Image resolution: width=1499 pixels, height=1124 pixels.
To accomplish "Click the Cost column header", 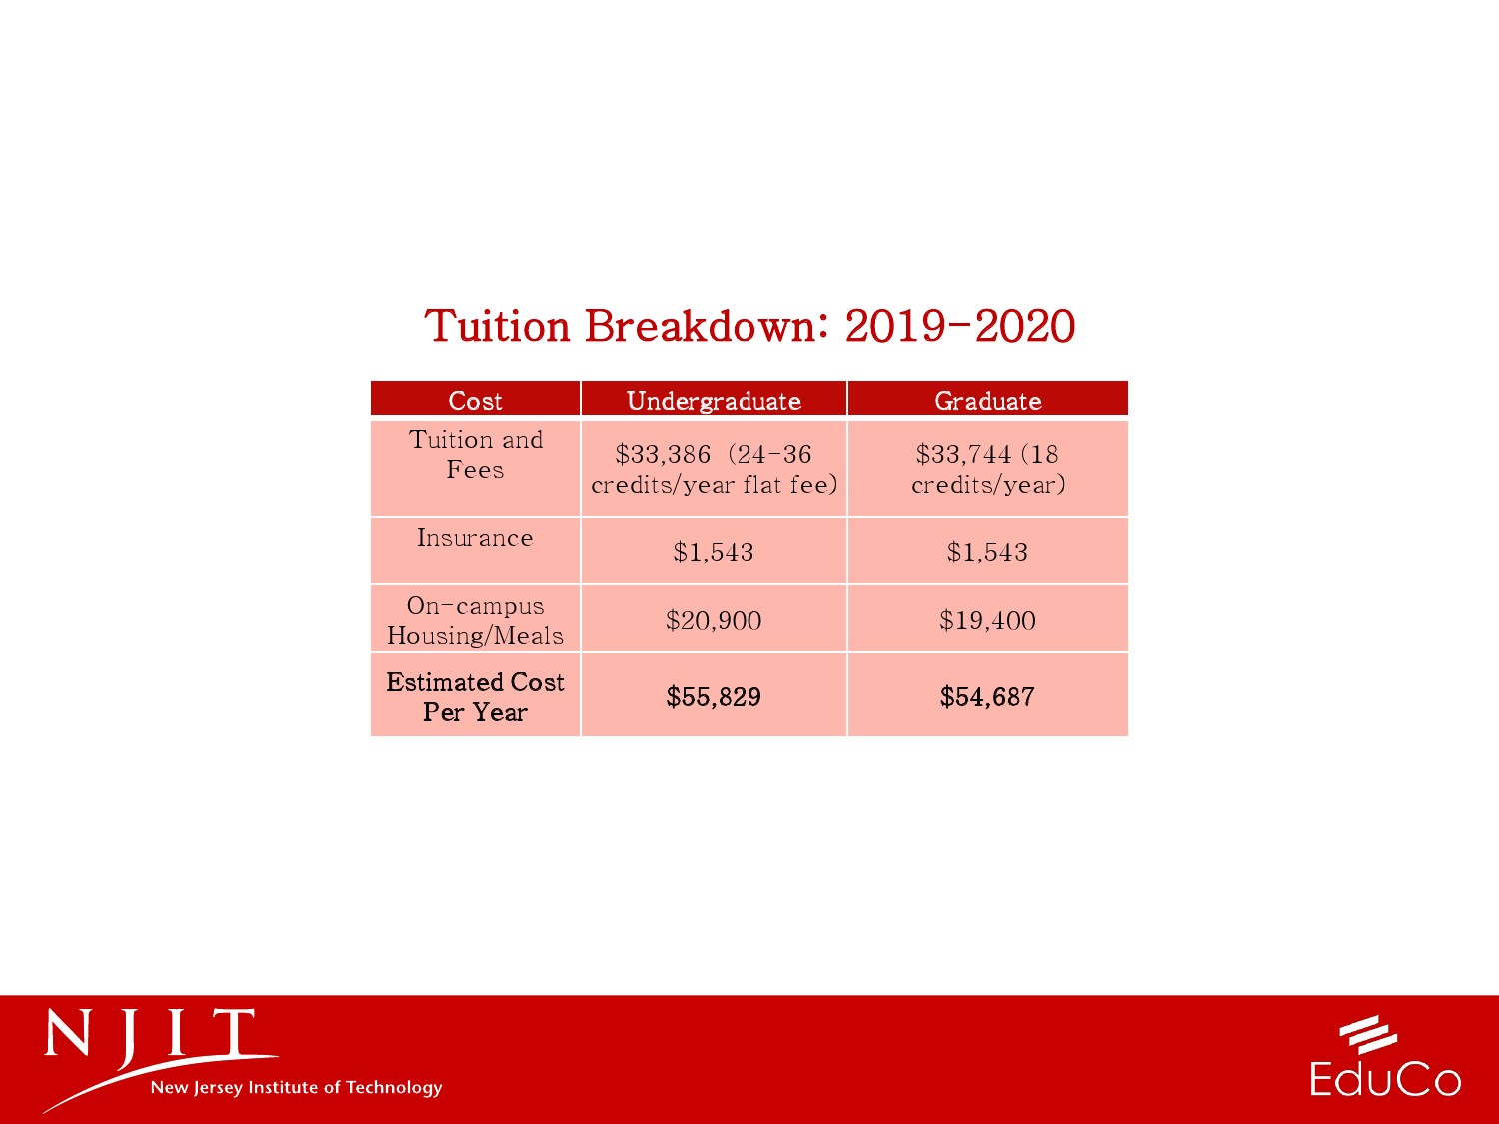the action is click(475, 401).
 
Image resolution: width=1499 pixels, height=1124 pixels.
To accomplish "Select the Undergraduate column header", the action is click(714, 402).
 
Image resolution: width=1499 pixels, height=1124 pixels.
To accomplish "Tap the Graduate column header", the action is click(988, 401).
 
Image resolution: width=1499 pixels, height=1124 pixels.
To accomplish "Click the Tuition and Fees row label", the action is click(476, 454).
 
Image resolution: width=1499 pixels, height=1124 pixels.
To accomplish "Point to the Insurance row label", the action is click(475, 538).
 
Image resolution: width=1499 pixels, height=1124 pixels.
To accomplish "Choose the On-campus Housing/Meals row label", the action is click(476, 621).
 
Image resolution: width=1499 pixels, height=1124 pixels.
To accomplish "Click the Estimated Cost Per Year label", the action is click(476, 696).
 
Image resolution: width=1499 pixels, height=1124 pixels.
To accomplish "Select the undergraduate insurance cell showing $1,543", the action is click(713, 552).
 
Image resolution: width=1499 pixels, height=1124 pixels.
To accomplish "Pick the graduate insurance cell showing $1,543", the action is click(987, 552).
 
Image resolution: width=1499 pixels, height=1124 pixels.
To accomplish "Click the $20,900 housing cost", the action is click(714, 621).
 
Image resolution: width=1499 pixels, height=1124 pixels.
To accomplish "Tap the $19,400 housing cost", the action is click(987, 621).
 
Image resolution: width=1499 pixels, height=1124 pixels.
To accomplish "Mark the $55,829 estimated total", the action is click(714, 696).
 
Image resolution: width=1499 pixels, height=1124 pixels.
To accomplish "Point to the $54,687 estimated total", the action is click(987, 696).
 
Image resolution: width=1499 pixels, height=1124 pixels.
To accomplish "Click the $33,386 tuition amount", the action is click(663, 454).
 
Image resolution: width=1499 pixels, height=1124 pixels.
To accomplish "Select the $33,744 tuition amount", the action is click(963, 454).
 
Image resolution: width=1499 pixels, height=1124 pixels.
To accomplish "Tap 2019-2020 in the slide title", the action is click(960, 326).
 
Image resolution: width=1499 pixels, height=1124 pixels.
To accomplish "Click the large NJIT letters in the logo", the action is click(150, 1033).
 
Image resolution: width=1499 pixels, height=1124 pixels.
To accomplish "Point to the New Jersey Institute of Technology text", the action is click(297, 1087).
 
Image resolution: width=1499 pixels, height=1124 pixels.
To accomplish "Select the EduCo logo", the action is click(1385, 1057).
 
